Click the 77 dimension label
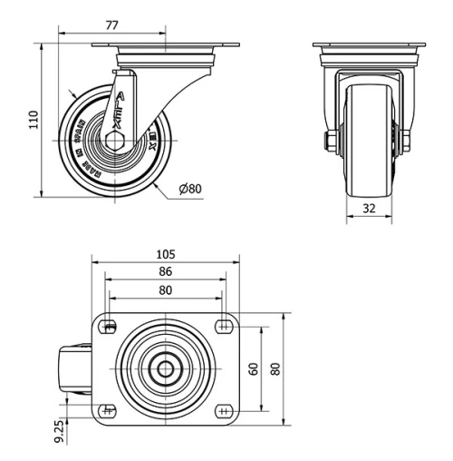[x=112, y=26]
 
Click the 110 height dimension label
[x=34, y=119]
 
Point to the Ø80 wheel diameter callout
[x=191, y=189]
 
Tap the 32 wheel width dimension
[x=369, y=207]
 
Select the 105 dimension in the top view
[x=165, y=254]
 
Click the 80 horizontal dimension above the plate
[x=165, y=290]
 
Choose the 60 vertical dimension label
[x=254, y=368]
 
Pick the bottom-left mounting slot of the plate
[x=109, y=408]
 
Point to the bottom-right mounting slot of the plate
[x=222, y=408]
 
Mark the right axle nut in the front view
[x=404, y=140]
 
